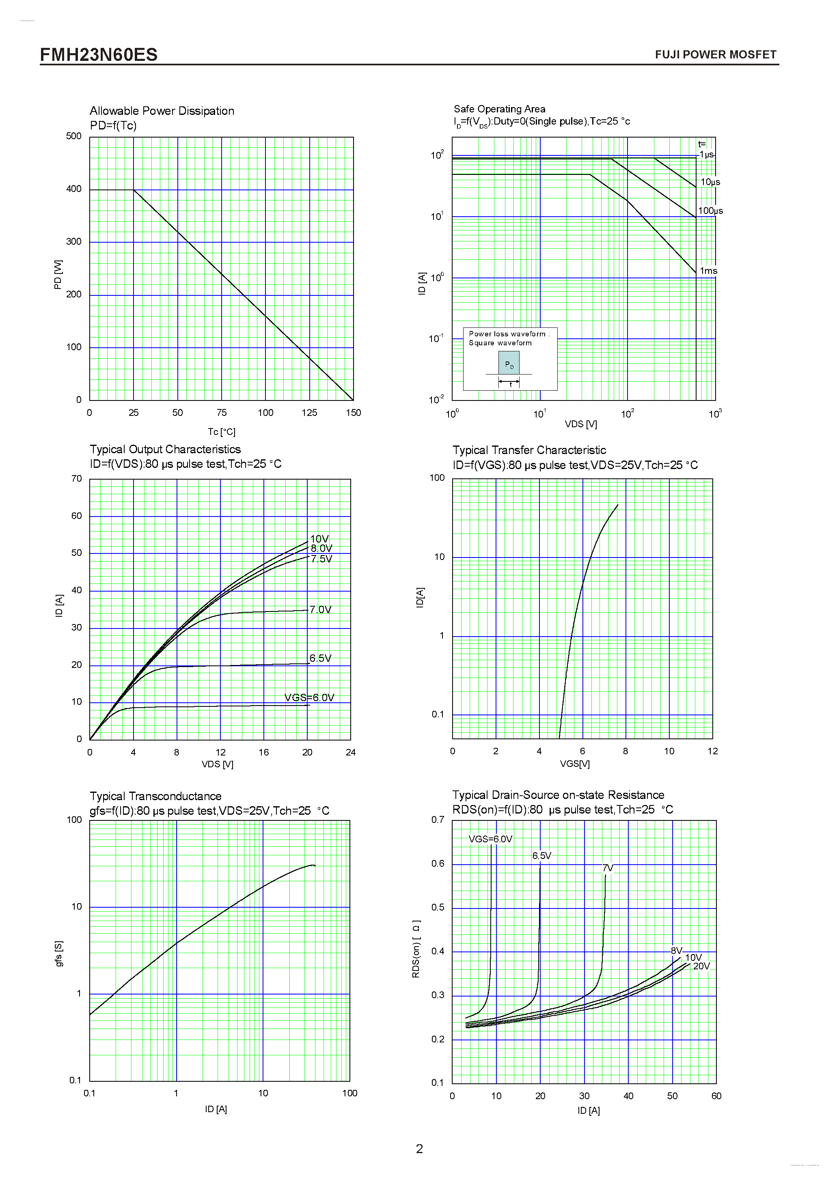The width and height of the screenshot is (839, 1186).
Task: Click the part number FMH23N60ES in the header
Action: click(x=99, y=54)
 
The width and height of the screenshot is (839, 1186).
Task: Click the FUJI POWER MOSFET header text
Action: click(x=715, y=55)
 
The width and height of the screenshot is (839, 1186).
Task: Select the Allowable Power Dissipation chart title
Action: click(x=162, y=111)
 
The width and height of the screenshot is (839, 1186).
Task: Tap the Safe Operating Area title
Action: click(x=499, y=109)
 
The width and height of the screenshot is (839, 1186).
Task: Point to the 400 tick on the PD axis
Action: click(x=74, y=189)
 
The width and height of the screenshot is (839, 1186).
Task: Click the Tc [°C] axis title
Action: click(x=222, y=432)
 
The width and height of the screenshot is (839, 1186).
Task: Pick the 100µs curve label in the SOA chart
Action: click(x=710, y=211)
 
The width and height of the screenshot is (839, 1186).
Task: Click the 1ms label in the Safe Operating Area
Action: click(x=708, y=271)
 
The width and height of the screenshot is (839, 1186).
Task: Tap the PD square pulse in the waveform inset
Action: click(x=509, y=363)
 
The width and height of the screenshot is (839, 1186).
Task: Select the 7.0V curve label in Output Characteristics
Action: click(x=320, y=609)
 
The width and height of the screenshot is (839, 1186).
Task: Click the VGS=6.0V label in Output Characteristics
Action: click(x=309, y=697)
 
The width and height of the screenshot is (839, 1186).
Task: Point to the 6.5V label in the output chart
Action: click(x=320, y=658)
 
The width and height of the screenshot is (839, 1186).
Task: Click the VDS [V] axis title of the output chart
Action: click(x=218, y=764)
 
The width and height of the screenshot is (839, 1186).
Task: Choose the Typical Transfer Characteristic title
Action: click(x=529, y=450)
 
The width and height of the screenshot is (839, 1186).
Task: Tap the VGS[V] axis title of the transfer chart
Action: click(x=574, y=764)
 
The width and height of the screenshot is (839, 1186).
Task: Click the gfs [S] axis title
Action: click(x=59, y=953)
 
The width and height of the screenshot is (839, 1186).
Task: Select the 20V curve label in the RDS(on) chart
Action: click(x=701, y=966)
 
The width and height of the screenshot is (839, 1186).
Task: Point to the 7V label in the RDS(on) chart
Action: click(x=608, y=868)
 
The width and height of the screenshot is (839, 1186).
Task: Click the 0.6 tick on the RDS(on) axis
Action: click(x=438, y=864)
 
